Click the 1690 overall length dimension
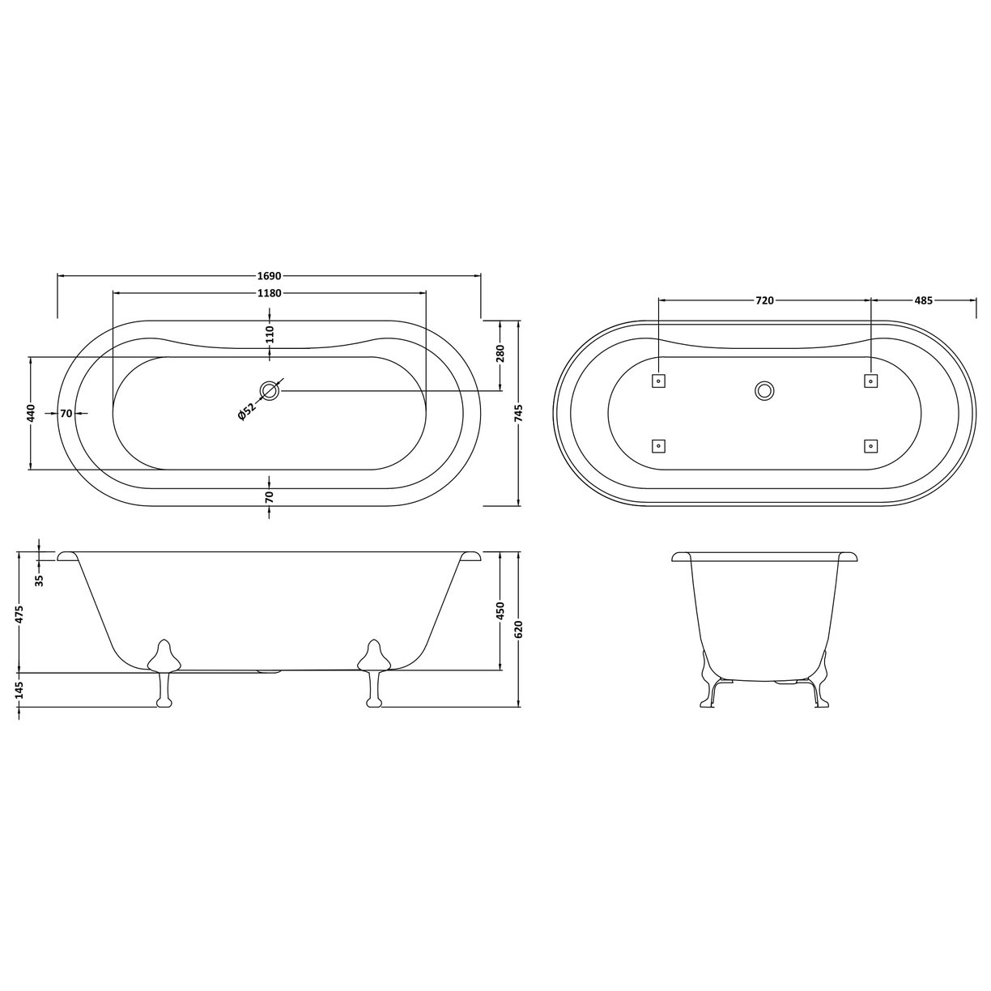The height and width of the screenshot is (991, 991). pos(269,276)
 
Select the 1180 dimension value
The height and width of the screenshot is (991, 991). pos(269,293)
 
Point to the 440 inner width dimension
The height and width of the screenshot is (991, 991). pos(30,413)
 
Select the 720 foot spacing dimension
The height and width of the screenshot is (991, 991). pos(764,300)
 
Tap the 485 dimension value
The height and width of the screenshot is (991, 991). pos(924,300)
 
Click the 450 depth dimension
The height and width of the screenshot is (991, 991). pos(500,611)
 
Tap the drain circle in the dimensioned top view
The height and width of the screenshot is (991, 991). pos(270,391)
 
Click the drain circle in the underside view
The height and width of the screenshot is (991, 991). pos(763,391)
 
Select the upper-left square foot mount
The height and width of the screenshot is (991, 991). pos(658,380)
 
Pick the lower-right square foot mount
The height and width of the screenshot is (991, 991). pos(870,445)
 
